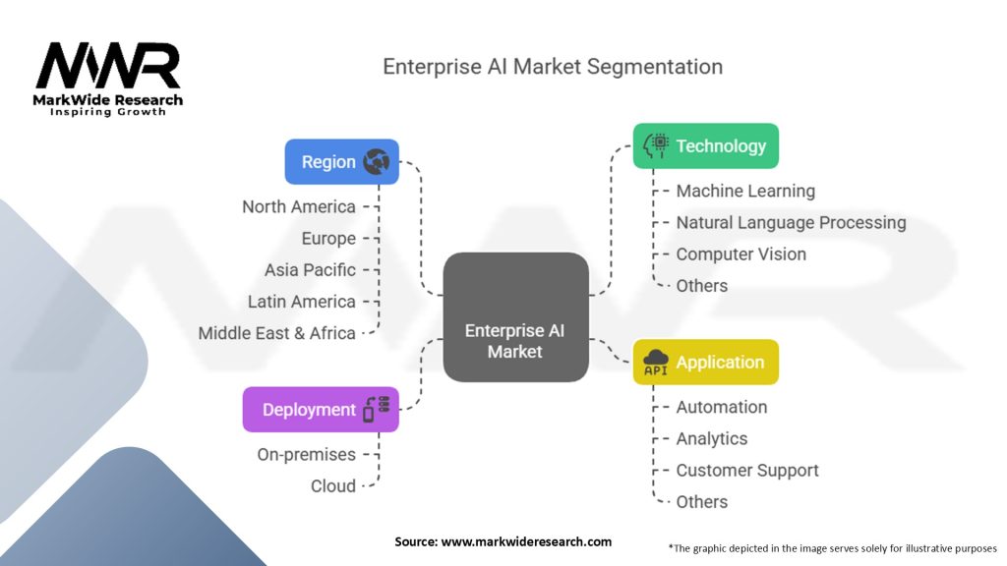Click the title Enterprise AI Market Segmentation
552,67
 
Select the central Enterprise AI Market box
515,316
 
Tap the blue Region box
341,162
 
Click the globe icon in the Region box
376,162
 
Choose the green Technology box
705,146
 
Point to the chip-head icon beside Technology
656,146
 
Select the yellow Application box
705,363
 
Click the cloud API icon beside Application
656,363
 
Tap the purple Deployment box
321,410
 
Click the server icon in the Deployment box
376,410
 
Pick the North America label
299,206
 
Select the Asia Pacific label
310,269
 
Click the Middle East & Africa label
276,333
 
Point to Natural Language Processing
791,223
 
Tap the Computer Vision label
740,255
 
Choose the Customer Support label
747,471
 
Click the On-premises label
306,454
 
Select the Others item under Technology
702,286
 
